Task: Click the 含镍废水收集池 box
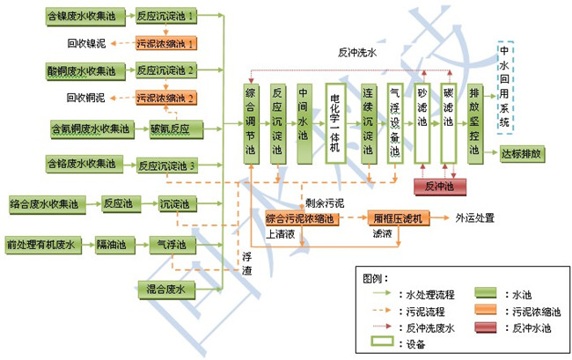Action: tap(84, 15)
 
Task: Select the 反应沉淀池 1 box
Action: tap(166, 15)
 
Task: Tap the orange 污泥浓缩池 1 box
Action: tap(166, 42)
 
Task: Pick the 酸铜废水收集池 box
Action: tap(84, 70)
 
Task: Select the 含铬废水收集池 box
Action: tap(84, 164)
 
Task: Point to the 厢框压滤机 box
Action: tap(398, 217)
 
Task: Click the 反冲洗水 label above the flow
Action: tap(357, 53)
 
